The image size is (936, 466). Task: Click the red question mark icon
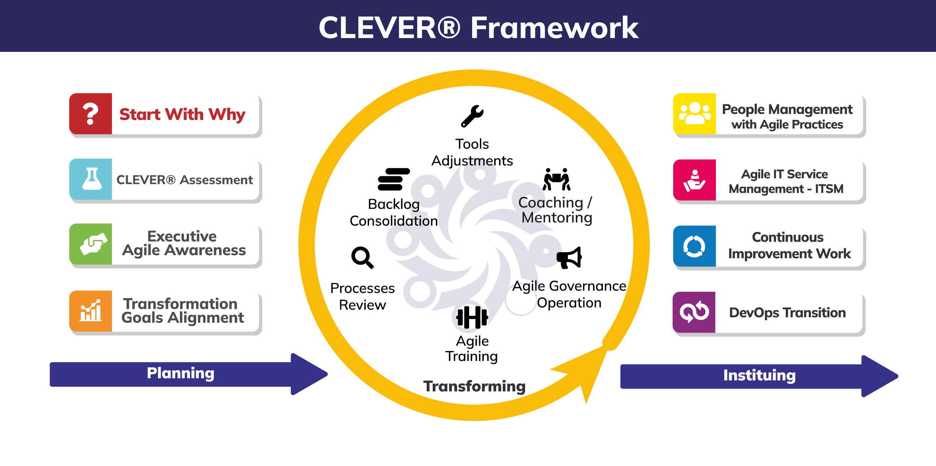coord(91,113)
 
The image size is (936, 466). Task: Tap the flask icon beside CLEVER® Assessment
coord(92,179)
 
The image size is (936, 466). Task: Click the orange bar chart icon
coord(91,311)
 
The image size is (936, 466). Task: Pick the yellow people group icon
coord(694,113)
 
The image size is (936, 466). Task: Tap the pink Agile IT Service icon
coord(694,180)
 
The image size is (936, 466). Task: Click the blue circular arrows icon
coord(694,246)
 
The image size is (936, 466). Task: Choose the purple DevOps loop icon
coord(694,312)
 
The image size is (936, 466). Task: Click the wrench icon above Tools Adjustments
coord(472,116)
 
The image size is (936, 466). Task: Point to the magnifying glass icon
coord(362,257)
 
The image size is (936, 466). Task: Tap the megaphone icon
coord(569,258)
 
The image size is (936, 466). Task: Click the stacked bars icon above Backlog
coord(393,179)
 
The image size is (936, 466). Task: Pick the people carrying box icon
coord(557,179)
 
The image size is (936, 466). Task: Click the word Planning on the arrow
coord(180,373)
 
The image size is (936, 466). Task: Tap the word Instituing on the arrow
coord(759,375)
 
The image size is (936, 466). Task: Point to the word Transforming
coord(474,386)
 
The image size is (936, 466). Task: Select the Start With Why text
coord(182,114)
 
